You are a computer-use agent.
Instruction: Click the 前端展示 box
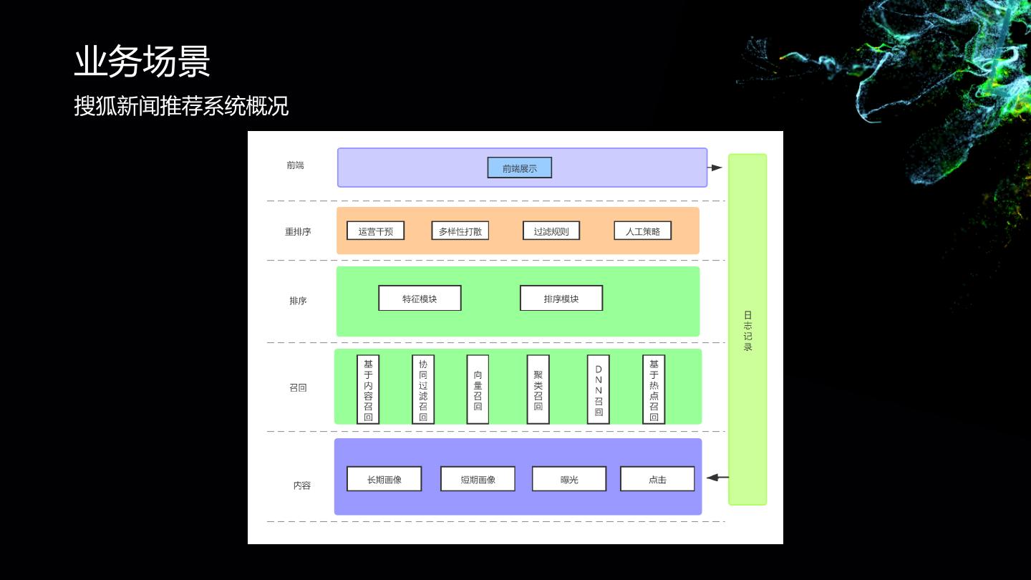coord(519,168)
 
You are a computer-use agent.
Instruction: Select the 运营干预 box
coord(375,231)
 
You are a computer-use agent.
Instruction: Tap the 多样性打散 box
coord(460,231)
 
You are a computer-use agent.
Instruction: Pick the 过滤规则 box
coord(551,231)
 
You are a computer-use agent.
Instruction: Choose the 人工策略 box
coord(642,231)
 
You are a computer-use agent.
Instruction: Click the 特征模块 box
coord(420,298)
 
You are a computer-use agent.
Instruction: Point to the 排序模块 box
coord(561,298)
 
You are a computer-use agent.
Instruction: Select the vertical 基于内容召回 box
coord(368,390)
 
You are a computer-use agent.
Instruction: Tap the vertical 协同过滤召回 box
coord(423,390)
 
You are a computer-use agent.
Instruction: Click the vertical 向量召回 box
coord(478,390)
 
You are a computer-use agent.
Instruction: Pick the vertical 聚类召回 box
coord(538,390)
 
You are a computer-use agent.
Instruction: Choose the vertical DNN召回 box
coord(598,390)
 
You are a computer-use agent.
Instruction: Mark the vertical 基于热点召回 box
coord(653,390)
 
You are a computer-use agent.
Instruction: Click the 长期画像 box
coord(384,479)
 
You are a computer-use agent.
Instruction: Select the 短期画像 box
coord(478,479)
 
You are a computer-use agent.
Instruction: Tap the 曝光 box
coord(569,479)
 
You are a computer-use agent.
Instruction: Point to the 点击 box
coord(657,479)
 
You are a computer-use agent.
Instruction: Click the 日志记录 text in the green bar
coord(747,331)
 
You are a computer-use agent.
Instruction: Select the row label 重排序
coord(298,232)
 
